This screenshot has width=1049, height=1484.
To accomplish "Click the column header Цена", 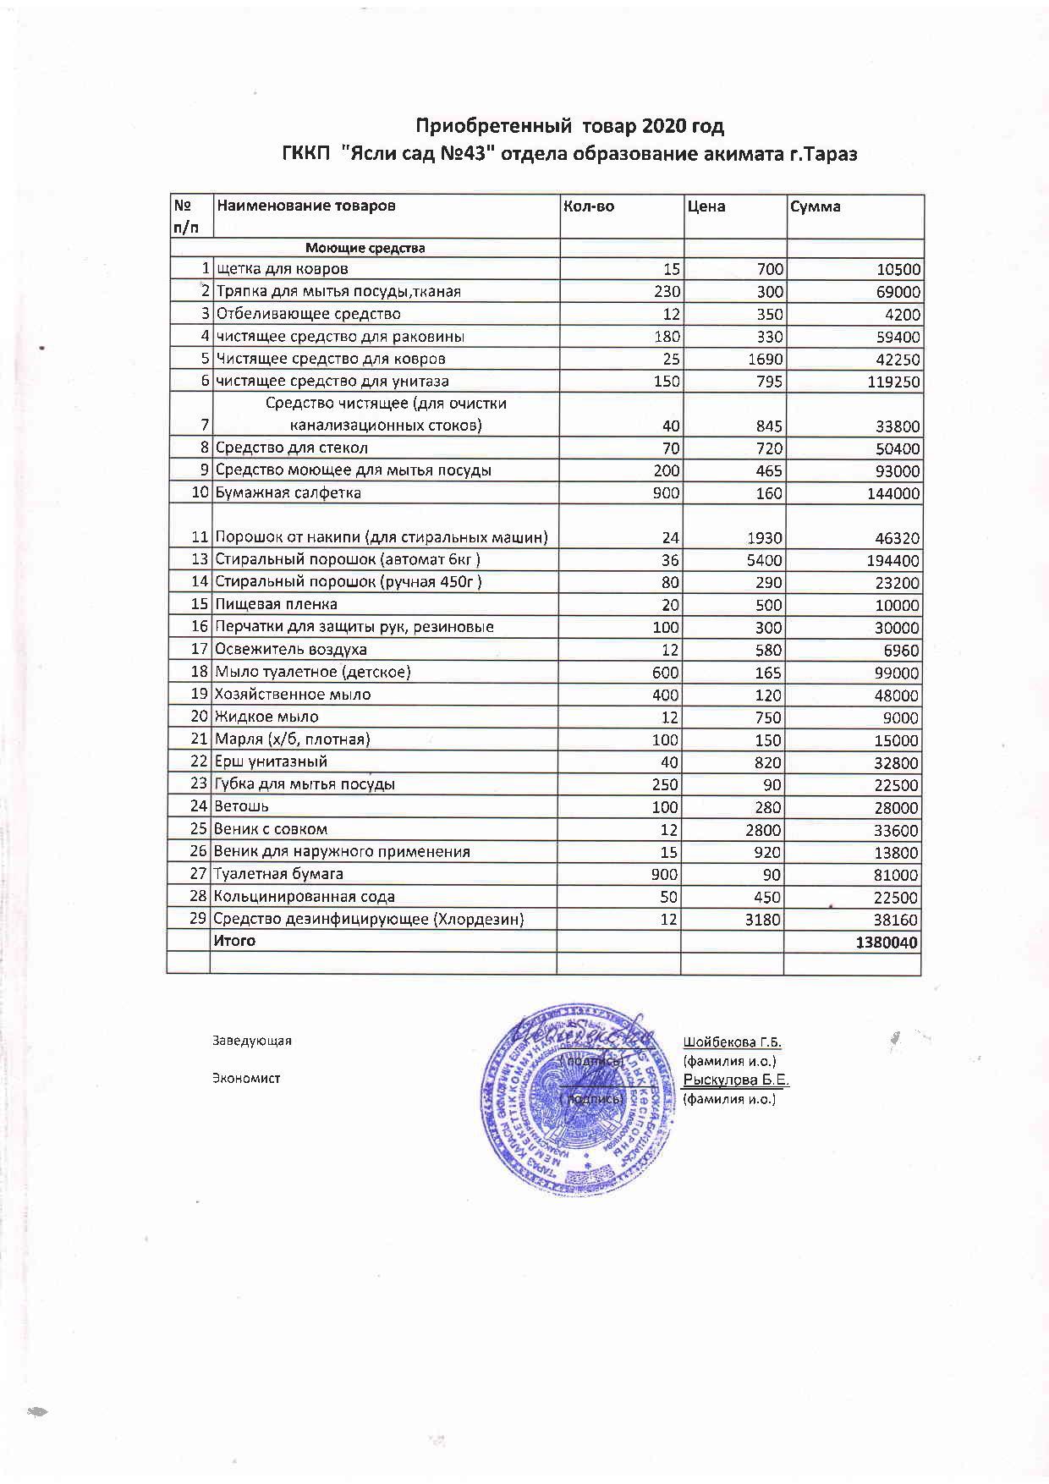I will [706, 206].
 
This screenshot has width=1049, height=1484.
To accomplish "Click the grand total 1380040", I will [887, 943].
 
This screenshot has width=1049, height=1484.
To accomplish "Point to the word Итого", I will [234, 941].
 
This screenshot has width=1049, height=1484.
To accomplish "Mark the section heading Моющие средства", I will [365, 248].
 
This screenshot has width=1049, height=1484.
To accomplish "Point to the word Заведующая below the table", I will [251, 1041].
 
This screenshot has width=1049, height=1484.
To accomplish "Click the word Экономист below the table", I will [246, 1079].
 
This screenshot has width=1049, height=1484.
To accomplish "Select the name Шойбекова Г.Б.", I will [732, 1042].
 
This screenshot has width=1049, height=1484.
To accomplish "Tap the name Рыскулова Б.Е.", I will [736, 1080].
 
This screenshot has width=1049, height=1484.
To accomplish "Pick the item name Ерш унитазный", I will [271, 762].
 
